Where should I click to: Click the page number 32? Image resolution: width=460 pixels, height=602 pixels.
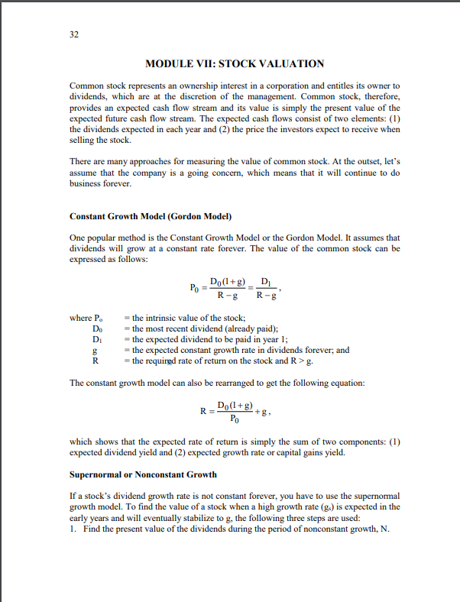[74, 35]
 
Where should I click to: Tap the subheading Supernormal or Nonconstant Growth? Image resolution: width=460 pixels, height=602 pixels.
[143, 474]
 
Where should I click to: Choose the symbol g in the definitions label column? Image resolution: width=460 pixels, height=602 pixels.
[94, 350]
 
